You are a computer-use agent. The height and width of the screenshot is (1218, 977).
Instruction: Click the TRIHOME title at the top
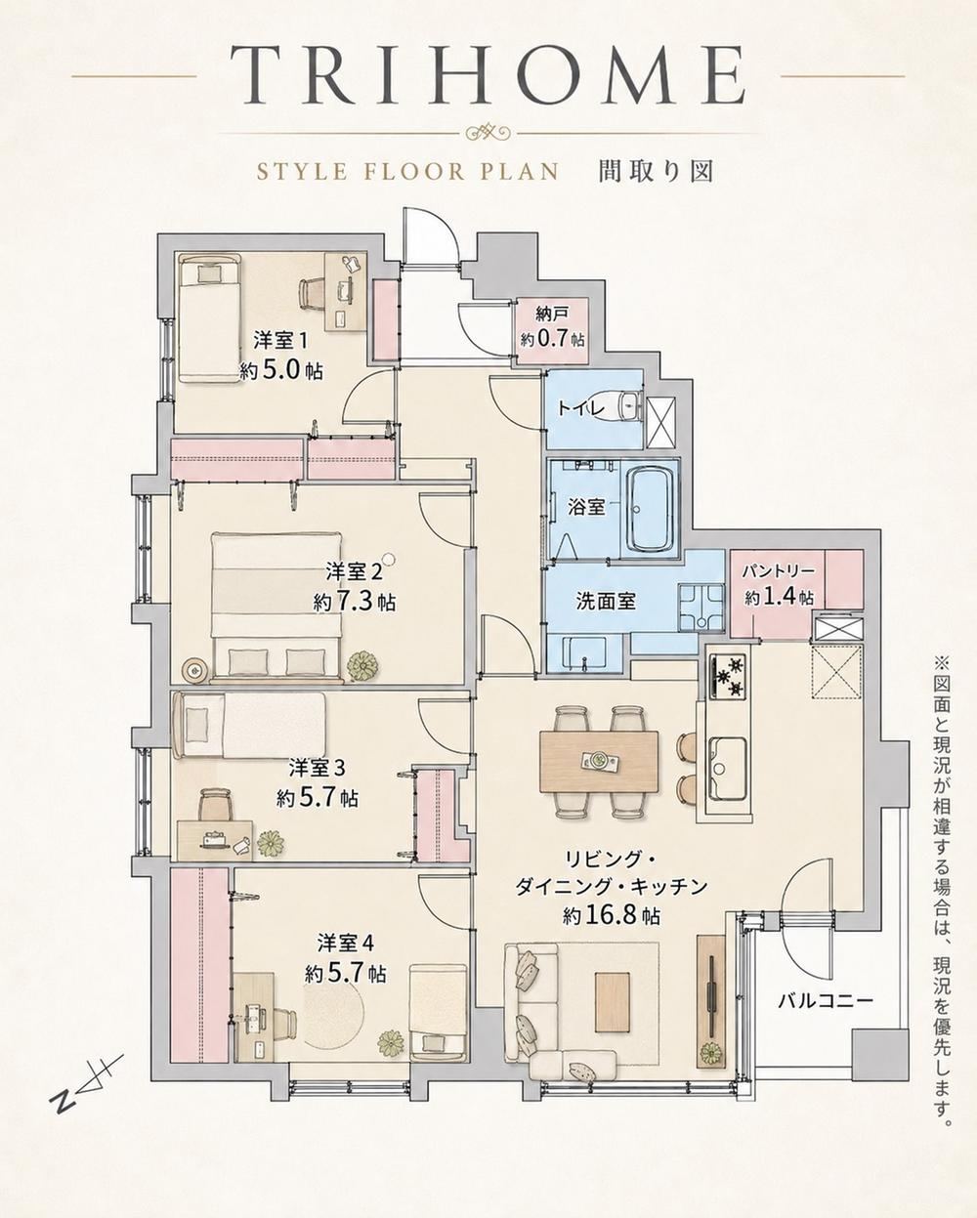(x=488, y=76)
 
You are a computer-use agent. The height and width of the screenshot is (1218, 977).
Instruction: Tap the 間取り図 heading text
(x=657, y=172)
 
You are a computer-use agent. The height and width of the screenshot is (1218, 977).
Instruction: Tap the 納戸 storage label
(x=552, y=313)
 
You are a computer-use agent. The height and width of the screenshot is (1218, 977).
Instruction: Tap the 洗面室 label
(x=607, y=601)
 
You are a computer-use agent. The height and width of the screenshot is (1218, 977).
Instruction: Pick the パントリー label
(x=780, y=571)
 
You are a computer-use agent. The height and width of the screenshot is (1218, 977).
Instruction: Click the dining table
(x=599, y=762)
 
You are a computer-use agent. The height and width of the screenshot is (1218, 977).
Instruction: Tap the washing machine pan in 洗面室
(x=701, y=608)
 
